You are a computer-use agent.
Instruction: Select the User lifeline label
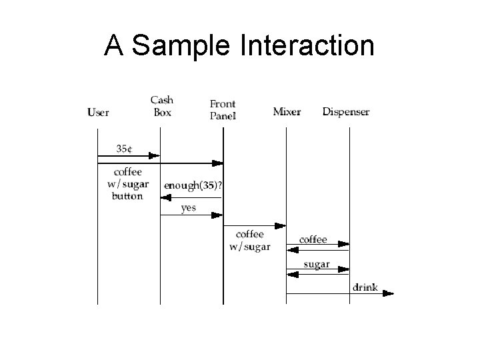point(98,112)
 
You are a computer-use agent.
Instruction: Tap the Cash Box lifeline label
point(162,107)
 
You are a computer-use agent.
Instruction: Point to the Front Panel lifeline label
point(223,109)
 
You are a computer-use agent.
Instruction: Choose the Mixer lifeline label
point(287,111)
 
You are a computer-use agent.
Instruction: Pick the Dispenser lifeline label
point(345,111)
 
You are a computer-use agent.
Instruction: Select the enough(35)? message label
point(193,186)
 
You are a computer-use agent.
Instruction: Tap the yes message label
point(189,208)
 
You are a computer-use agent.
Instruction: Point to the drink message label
point(365,287)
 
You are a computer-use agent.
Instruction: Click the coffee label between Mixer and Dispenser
point(313,239)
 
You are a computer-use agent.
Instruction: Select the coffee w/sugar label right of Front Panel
point(249,241)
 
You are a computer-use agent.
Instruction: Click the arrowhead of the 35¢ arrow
point(155,156)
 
